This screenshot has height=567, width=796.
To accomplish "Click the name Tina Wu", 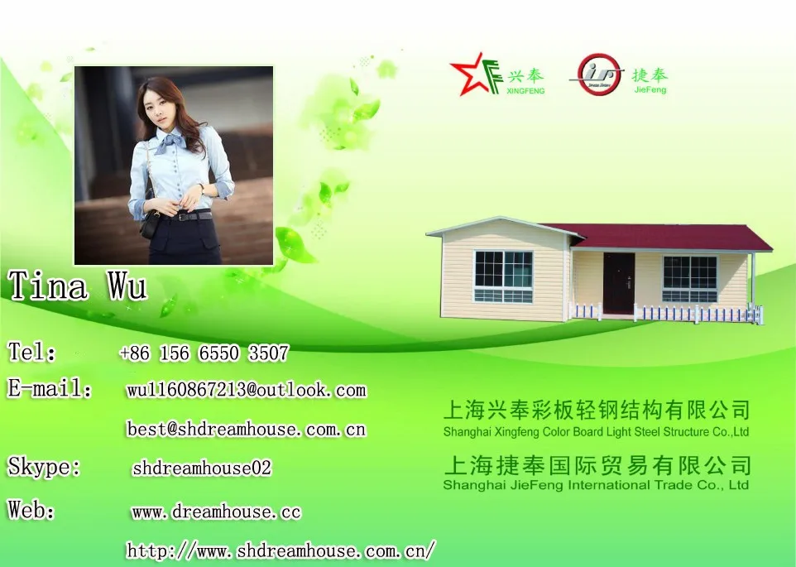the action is pyautogui.click(x=77, y=286).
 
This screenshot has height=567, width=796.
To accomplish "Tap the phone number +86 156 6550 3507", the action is pyautogui.click(x=204, y=353).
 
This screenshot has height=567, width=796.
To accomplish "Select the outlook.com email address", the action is pyautogui.click(x=247, y=390).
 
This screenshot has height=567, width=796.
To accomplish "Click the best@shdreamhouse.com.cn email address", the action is pyautogui.click(x=247, y=430).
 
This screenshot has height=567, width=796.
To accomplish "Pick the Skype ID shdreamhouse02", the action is pyautogui.click(x=202, y=468).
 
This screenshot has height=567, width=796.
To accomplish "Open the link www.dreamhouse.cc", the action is pyautogui.click(x=216, y=512).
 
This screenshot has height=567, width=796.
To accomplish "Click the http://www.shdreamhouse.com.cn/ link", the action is pyautogui.click(x=281, y=550).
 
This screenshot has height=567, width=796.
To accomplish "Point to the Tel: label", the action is pyautogui.click(x=31, y=352).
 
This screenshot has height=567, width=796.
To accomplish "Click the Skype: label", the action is pyautogui.click(x=44, y=467).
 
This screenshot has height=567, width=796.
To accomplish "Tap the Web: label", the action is pyautogui.click(x=31, y=509).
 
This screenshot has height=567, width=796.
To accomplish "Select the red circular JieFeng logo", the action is pyautogui.click(x=598, y=74).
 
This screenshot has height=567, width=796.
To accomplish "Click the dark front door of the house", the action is pyautogui.click(x=619, y=283).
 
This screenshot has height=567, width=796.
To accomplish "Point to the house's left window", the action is pyautogui.click(x=503, y=276).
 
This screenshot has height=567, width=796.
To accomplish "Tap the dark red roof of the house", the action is pyautogui.click(x=660, y=237).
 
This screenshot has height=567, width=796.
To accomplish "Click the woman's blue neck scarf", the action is pyautogui.click(x=173, y=141).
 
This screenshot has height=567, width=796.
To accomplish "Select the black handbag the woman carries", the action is pyautogui.click(x=149, y=223).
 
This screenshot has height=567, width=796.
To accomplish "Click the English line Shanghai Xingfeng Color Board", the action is pyautogui.click(x=596, y=432).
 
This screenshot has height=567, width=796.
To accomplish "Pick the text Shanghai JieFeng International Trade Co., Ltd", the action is pyautogui.click(x=596, y=485).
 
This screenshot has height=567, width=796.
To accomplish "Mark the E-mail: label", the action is pyautogui.click(x=50, y=388).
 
